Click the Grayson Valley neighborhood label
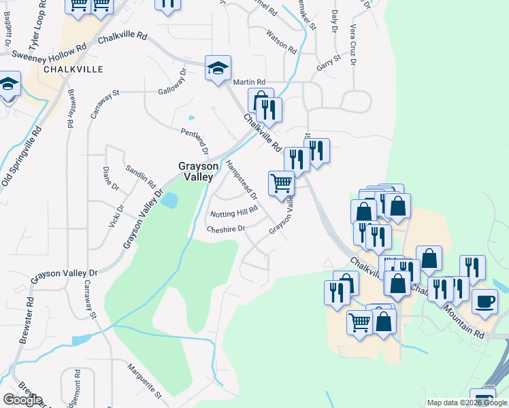198,171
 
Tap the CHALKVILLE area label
73,69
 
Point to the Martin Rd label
248,82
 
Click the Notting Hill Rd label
233,213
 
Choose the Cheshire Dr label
226,229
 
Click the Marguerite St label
144,381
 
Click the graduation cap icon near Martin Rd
218,68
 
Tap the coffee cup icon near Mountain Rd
485,301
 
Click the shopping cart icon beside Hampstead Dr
281,182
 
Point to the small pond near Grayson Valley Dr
169,201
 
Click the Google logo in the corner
22,400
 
